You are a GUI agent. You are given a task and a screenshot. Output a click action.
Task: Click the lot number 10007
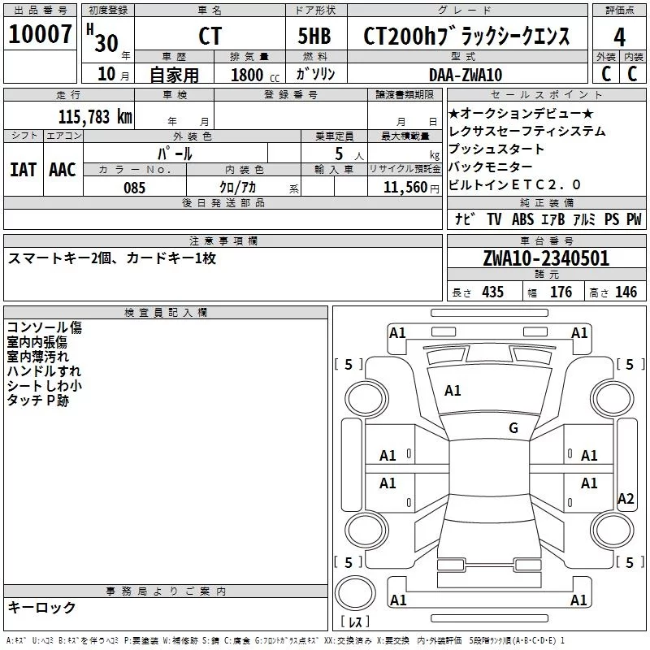[x=40, y=34]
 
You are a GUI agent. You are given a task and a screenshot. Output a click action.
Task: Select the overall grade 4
[x=619, y=37]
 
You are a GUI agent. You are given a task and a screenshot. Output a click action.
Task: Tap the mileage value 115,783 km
[x=95, y=117]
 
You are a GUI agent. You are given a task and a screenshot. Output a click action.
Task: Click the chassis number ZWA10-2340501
[x=546, y=258]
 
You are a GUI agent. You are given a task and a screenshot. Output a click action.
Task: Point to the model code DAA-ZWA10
[x=466, y=75]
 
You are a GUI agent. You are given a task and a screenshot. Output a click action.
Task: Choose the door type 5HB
[x=314, y=36]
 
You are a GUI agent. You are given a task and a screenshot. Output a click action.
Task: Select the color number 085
[x=134, y=188]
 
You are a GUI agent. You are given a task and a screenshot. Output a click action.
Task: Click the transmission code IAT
[x=24, y=170]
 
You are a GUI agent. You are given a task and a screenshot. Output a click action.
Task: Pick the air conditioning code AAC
[x=63, y=170]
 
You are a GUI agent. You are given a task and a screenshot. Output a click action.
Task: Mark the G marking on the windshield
[x=513, y=427]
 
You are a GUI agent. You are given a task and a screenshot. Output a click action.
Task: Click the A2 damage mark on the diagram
[x=626, y=498]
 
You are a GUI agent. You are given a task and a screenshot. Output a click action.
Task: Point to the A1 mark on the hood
[x=453, y=391]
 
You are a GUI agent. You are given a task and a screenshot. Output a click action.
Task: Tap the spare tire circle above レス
[x=355, y=593]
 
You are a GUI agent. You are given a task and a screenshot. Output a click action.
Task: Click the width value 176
[x=561, y=292]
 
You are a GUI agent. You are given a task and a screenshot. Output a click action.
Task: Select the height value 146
[x=626, y=292]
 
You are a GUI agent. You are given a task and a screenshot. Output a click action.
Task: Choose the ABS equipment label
[x=522, y=219]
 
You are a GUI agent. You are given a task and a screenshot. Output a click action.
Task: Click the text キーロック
[x=41, y=607]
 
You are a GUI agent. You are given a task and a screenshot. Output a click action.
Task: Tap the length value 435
[x=492, y=292]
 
